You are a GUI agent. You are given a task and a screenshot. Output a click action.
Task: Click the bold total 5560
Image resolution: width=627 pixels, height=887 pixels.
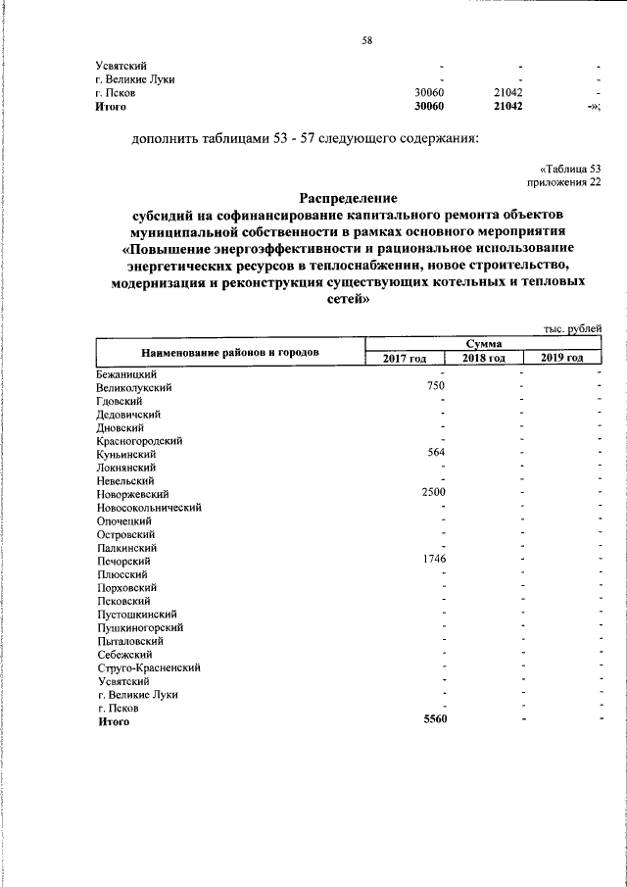(434, 720)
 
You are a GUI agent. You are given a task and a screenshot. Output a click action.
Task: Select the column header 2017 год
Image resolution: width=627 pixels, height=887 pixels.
(404, 358)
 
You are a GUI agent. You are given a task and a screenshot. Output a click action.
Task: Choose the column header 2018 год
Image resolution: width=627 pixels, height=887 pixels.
(483, 358)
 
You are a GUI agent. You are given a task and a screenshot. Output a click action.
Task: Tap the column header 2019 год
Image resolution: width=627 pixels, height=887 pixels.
(561, 358)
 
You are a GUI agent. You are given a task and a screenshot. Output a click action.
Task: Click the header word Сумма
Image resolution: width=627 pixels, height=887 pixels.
(483, 344)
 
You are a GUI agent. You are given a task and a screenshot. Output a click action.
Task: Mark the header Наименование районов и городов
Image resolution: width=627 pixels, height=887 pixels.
(230, 351)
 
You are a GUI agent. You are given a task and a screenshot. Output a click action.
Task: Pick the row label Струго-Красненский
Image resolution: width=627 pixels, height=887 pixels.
(149, 666)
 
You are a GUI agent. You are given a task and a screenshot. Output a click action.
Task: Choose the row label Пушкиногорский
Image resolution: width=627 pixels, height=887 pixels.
(140, 626)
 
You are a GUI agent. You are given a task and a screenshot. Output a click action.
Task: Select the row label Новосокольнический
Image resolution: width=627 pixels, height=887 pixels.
(149, 507)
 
